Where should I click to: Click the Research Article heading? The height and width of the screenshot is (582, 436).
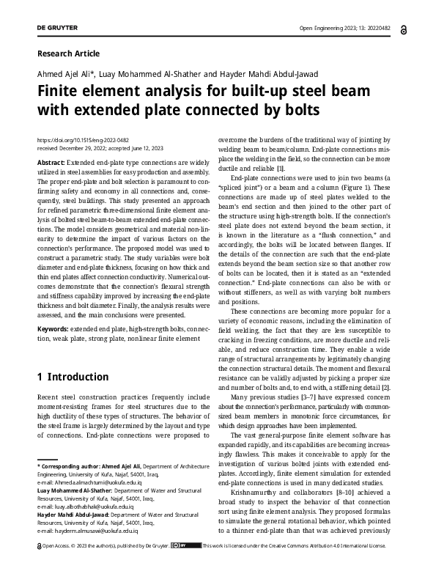(x=68, y=54)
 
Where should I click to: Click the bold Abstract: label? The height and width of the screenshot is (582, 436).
(x=51, y=160)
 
